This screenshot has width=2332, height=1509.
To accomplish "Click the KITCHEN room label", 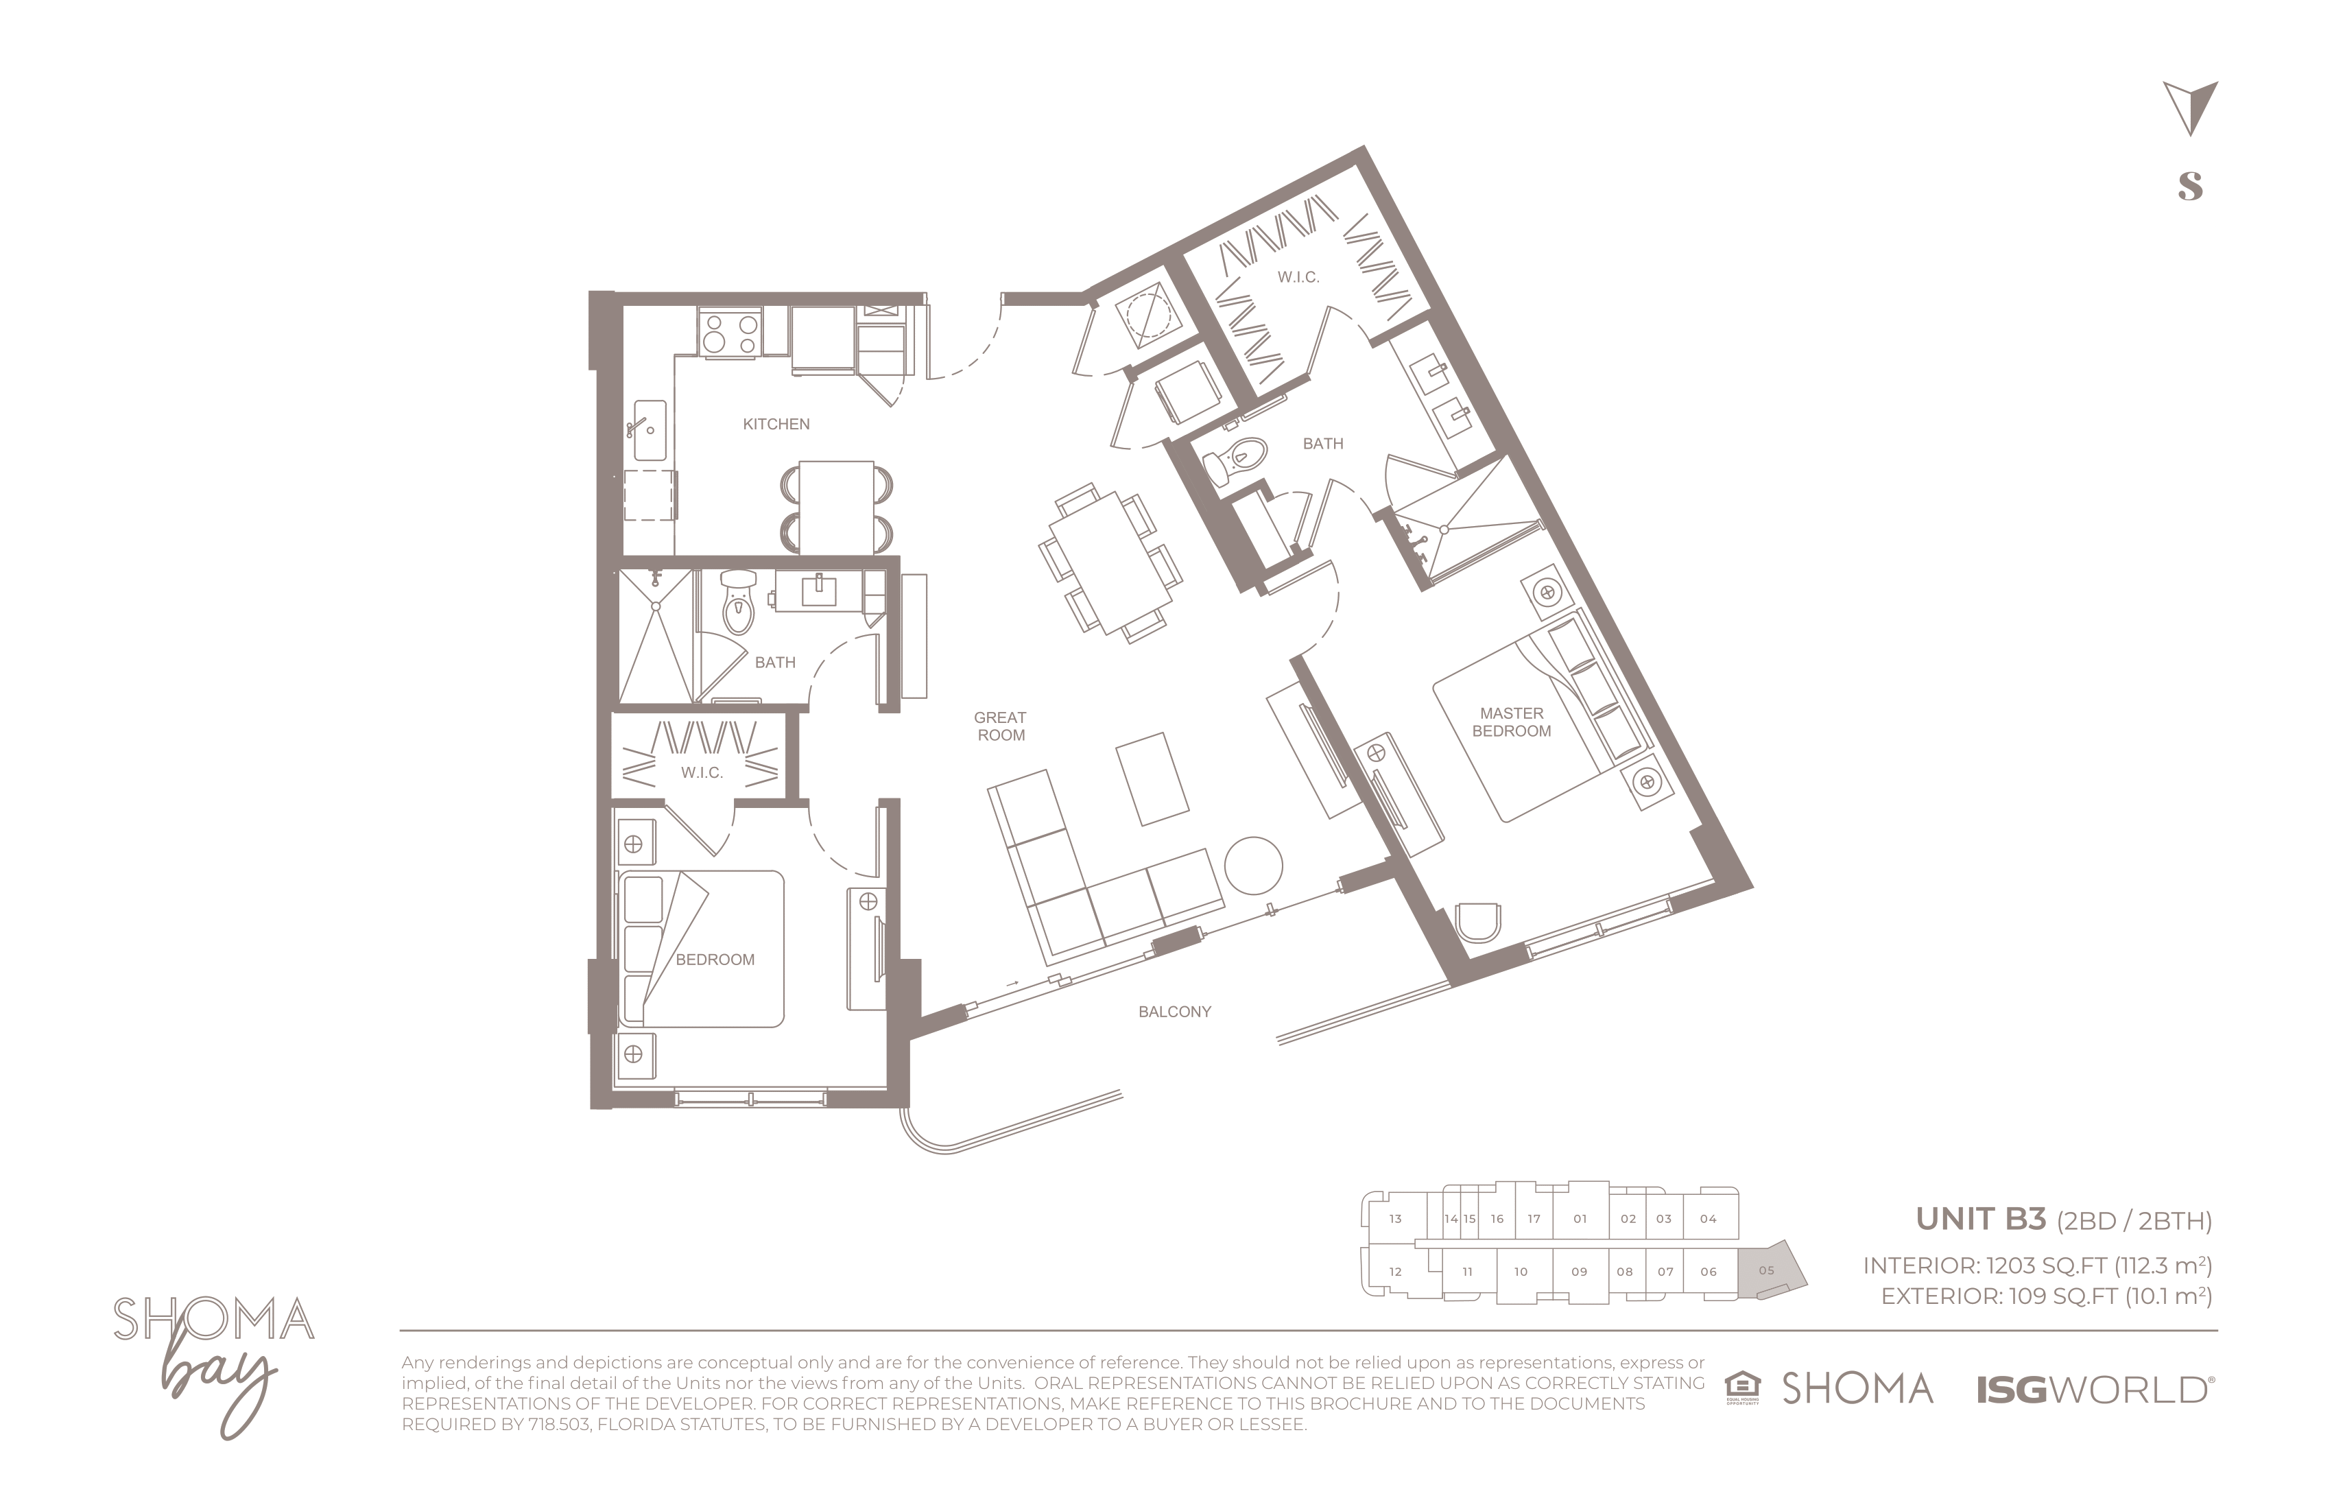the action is [776, 425].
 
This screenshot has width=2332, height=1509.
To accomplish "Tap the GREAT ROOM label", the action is [1001, 726].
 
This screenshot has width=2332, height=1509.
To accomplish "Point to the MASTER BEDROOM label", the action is [1512, 722].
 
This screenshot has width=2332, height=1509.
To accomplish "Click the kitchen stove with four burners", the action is [730, 332].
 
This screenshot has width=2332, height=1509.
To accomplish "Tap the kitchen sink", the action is [650, 429].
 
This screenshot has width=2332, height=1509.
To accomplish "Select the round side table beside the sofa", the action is [1253, 865].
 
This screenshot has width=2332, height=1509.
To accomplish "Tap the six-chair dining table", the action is [1110, 562].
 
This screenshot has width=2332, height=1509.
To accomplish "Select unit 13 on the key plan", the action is [1394, 1219].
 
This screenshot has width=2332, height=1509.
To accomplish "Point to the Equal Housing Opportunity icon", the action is [1742, 1388].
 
